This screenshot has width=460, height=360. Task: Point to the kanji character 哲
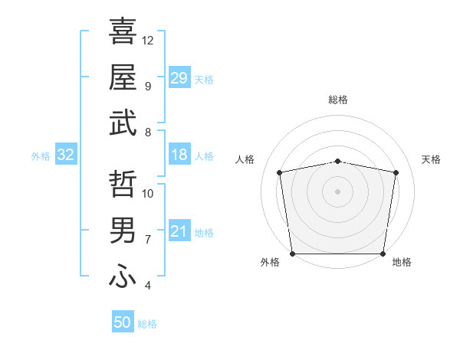[123, 183]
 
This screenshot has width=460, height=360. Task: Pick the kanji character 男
[123, 229]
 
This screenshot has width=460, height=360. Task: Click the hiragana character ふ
[123, 276]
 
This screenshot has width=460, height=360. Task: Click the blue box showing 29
[179, 78]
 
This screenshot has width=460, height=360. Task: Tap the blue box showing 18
[179, 155]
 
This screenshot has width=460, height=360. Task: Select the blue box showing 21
[179, 231]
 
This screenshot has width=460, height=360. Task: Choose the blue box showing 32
[66, 155]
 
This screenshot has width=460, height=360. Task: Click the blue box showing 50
[123, 323]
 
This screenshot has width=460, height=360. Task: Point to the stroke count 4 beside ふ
[147, 286]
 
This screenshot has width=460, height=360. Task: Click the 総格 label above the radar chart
[338, 100]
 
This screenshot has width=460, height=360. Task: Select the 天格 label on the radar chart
[431, 159]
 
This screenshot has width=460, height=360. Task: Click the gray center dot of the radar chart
[338, 191]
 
